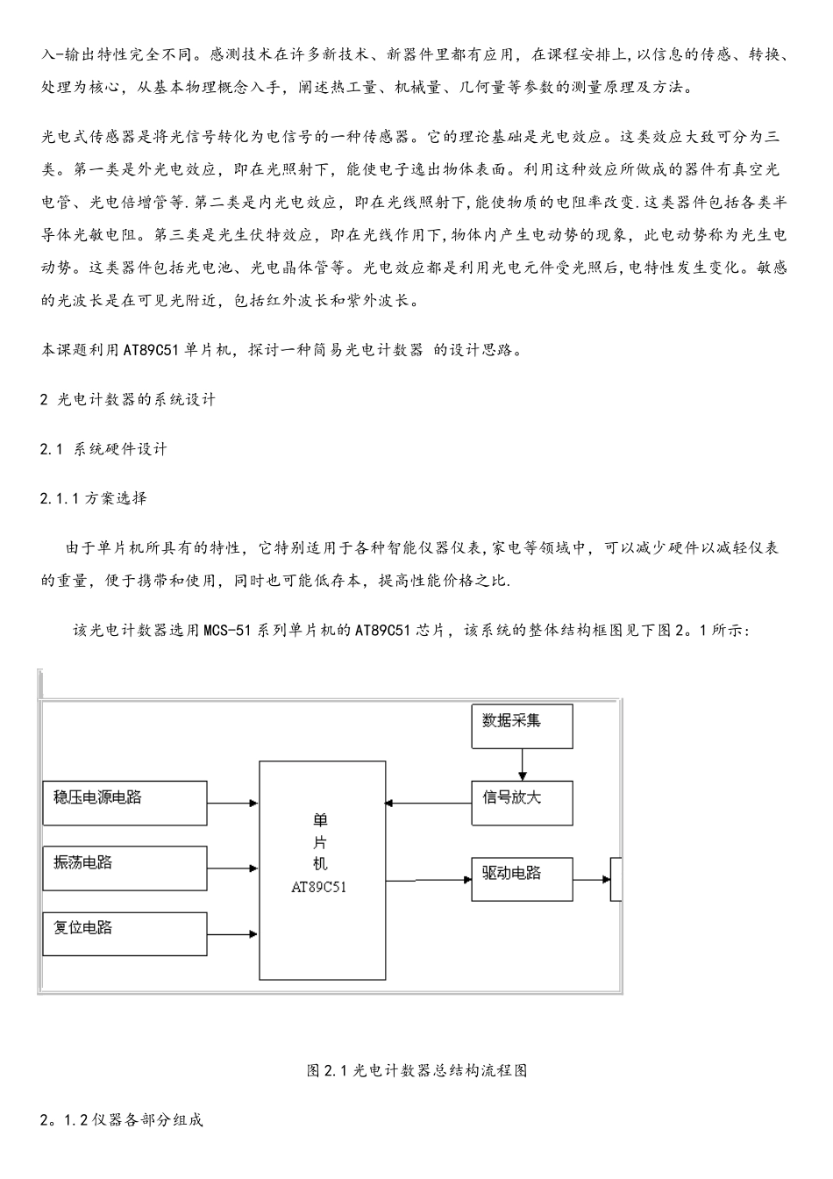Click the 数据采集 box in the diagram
point(522,725)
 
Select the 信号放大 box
point(522,802)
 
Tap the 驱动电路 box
point(522,878)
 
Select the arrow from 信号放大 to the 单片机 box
point(429,802)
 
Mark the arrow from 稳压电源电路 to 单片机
point(233,802)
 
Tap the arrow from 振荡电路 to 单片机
point(233,868)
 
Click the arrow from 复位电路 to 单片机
point(233,934)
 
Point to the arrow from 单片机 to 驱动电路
point(429,879)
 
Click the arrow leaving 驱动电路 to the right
point(592,879)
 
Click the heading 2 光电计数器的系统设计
point(128,399)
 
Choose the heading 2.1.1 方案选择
point(94,498)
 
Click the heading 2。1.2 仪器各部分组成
point(122,1120)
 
